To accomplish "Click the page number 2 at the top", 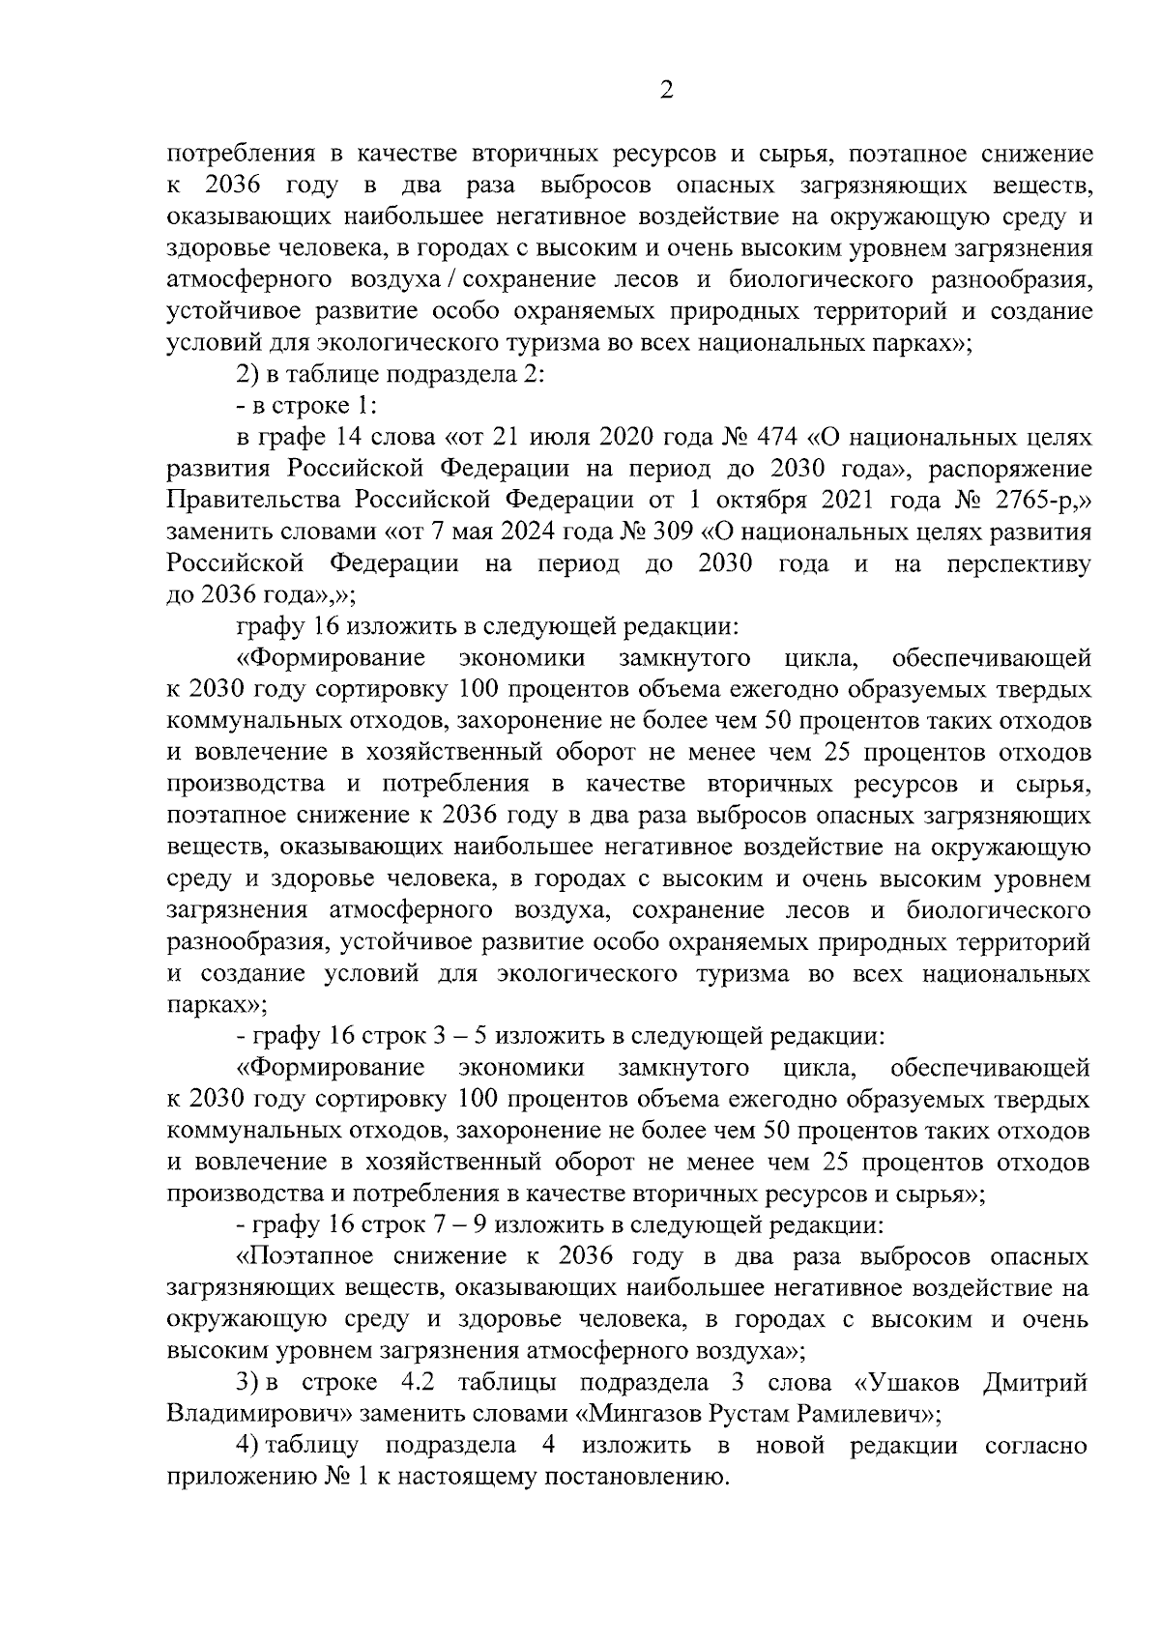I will pyautogui.click(x=665, y=91).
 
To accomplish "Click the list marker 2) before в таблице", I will pyautogui.click(x=247, y=375).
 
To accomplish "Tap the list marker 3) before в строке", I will pyautogui.click(x=247, y=1383).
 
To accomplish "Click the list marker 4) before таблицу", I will pyautogui.click(x=247, y=1446).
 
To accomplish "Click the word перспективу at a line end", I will pyautogui.click(x=1021, y=564).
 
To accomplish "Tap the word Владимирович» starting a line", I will pyautogui.click(x=258, y=1414).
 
